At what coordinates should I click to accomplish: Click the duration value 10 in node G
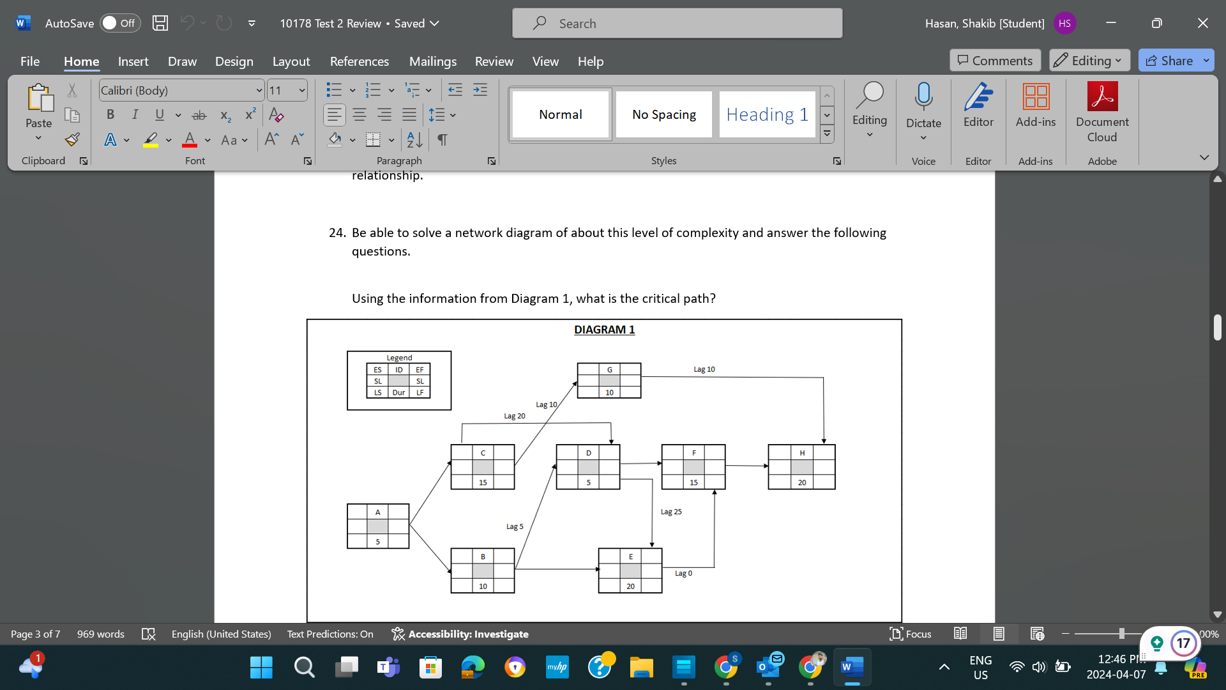click(x=609, y=392)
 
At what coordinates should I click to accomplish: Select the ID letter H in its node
click(x=802, y=452)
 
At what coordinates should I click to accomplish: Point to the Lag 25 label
click(x=670, y=512)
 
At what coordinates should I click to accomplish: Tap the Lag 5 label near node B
click(x=514, y=526)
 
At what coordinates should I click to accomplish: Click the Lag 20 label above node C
click(x=514, y=416)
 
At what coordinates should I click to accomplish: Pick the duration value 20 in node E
click(x=630, y=586)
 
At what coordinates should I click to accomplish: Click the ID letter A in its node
click(x=377, y=512)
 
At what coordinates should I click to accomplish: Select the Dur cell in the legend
click(x=398, y=392)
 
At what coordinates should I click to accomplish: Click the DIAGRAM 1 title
click(x=604, y=330)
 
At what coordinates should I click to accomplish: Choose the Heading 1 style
click(x=767, y=114)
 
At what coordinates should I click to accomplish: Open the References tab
click(x=359, y=61)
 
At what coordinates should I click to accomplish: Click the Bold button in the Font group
click(x=110, y=114)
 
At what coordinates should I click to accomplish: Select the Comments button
click(x=995, y=61)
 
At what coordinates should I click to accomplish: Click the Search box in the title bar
click(x=677, y=24)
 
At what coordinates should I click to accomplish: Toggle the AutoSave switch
click(x=119, y=24)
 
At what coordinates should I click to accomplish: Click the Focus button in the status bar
click(x=911, y=634)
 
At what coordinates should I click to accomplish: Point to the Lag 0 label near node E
click(x=683, y=573)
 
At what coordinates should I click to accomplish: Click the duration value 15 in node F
click(x=693, y=482)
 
